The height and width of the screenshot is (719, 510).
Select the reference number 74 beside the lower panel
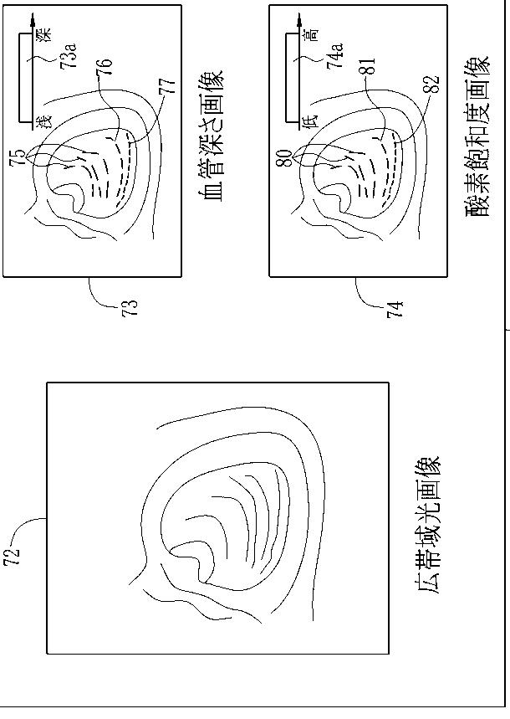click(397, 307)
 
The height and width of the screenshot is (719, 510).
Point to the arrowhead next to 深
click(33, 17)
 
